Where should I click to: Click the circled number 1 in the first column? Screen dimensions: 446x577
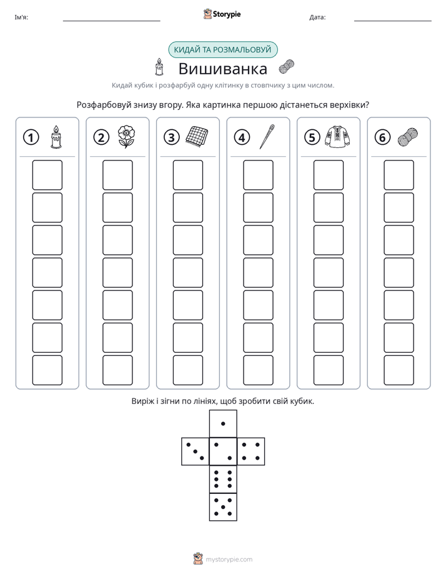[x=31, y=137]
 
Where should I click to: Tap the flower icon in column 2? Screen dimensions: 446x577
[x=126, y=137]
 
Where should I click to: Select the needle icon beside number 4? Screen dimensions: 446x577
[x=267, y=137]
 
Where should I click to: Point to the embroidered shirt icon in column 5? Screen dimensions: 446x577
[x=337, y=137]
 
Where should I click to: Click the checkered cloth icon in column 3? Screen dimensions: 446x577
[x=197, y=137]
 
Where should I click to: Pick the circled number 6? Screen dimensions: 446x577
[x=382, y=137]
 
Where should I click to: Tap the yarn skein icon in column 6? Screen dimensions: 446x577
[x=408, y=137]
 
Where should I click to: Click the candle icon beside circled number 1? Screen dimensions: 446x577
[x=56, y=137]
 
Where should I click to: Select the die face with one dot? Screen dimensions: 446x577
[x=223, y=423]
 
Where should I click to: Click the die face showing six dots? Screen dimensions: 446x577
[x=223, y=479]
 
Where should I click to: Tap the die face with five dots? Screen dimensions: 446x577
[x=223, y=506]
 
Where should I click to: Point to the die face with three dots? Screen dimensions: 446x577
[x=196, y=451]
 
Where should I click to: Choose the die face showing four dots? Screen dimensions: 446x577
[x=251, y=451]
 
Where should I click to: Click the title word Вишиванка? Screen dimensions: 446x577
[x=223, y=69]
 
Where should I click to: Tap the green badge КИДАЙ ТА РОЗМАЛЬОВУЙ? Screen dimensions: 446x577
[x=223, y=50]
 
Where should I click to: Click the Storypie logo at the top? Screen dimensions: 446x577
[x=222, y=14]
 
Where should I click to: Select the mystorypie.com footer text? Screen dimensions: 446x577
[x=229, y=560]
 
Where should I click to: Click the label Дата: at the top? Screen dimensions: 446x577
[x=317, y=17]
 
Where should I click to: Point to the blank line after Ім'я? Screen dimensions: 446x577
[x=111, y=21]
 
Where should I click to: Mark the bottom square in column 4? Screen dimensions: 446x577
[x=259, y=370]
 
